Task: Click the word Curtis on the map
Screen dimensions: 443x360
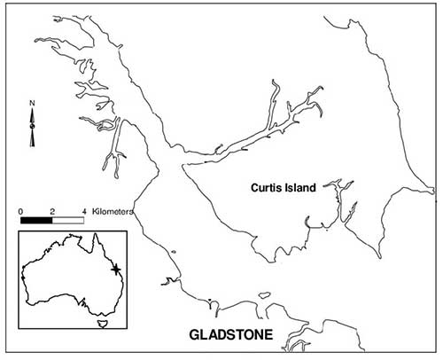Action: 265,188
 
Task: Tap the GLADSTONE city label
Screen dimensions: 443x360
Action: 231,334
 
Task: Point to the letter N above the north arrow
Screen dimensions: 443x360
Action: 32,103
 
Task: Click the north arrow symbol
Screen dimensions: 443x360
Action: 32,127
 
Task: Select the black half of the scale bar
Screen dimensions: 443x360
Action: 36,220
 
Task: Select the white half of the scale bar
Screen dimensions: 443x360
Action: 68,220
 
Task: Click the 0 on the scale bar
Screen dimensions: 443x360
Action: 20,212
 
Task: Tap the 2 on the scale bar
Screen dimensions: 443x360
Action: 52,212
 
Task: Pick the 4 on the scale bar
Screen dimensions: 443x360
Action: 84,212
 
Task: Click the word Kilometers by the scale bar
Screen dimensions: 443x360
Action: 113,212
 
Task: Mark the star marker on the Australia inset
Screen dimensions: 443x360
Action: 116,270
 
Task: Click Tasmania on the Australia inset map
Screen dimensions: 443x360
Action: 102,324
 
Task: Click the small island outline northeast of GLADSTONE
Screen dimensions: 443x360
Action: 265,294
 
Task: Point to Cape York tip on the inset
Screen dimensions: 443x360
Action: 96,233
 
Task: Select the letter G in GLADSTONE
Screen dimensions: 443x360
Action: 194,334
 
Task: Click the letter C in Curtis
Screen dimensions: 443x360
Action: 254,188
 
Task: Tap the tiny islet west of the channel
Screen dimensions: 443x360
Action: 174,252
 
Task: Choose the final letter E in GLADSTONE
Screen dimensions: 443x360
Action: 268,334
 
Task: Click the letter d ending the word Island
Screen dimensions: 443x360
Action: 313,188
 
